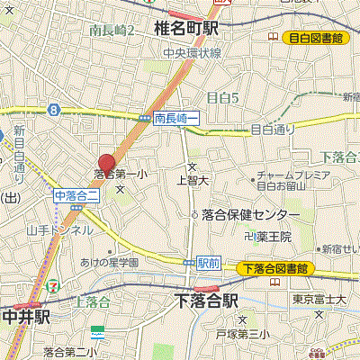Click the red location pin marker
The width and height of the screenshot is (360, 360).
click(106, 164)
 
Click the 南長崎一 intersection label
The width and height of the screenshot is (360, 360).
click(175, 118)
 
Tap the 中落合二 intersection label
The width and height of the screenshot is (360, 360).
click(74, 194)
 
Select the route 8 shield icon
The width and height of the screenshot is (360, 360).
click(55, 110)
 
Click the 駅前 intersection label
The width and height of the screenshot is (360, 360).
click(208, 263)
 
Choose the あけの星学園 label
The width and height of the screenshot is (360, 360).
click(109, 262)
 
